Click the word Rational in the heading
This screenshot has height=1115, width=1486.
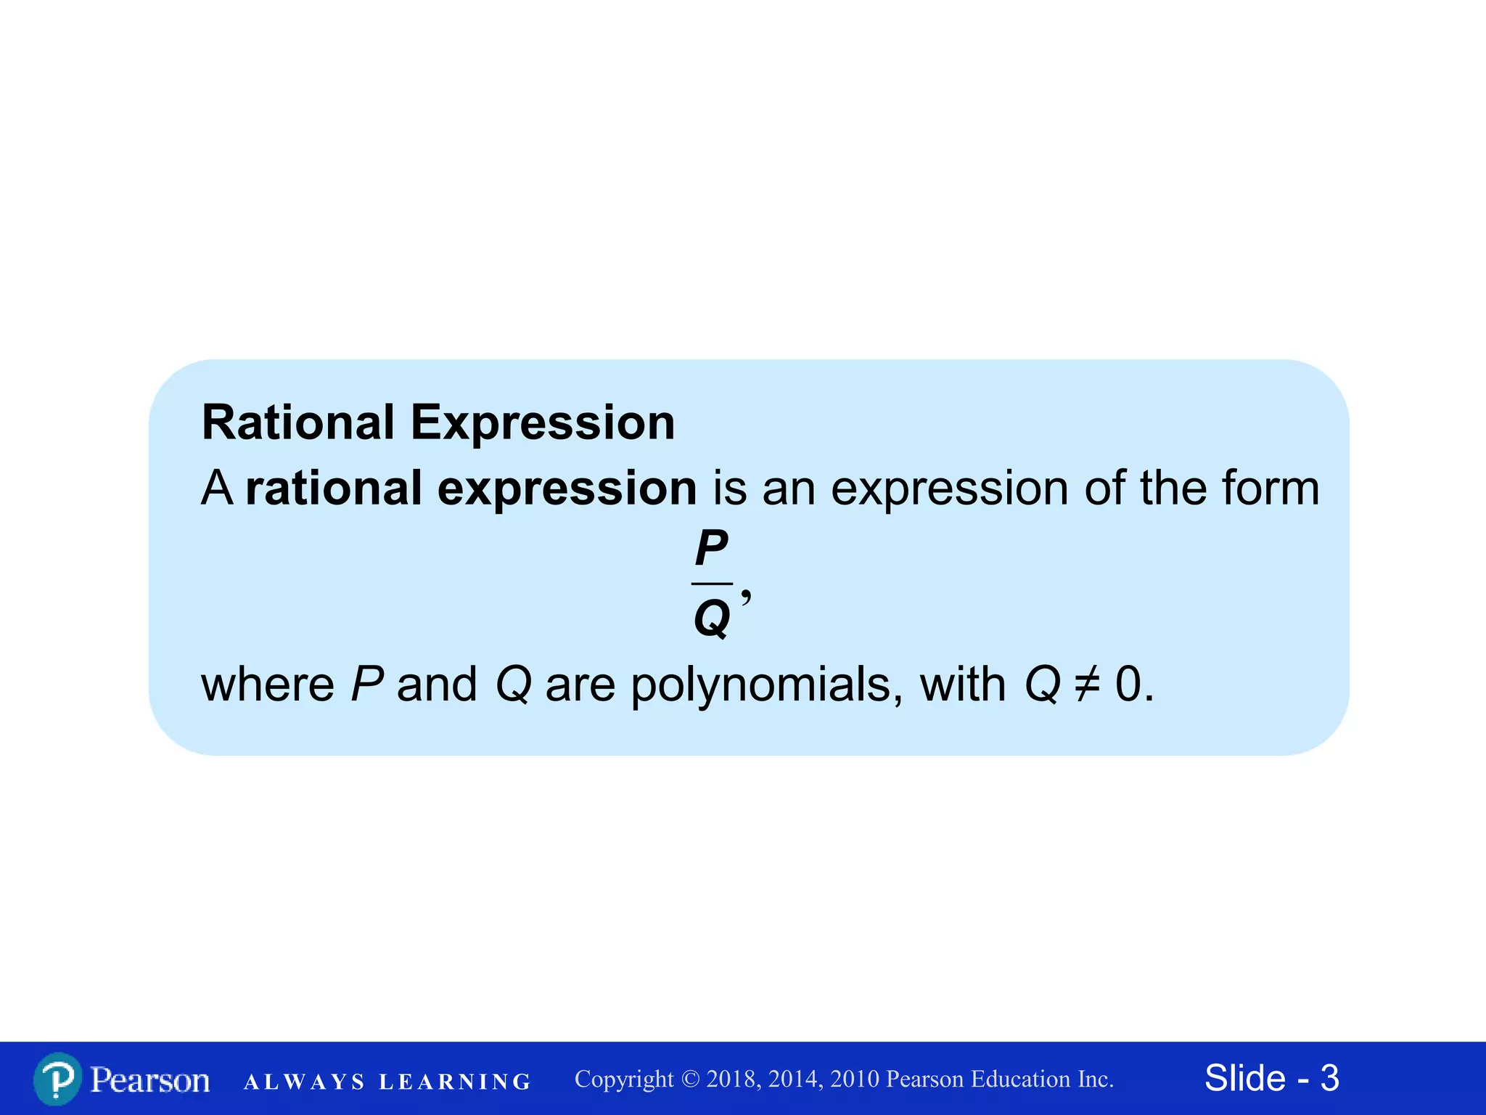pyautogui.click(x=298, y=422)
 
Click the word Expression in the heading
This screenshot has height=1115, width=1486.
pyautogui.click(x=543, y=424)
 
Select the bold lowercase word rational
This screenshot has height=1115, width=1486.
pyautogui.click(x=333, y=488)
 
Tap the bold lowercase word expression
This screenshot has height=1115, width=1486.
pyautogui.click(x=567, y=489)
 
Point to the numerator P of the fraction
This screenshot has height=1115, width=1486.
pyautogui.click(x=711, y=548)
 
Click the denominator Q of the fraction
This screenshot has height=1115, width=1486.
pyautogui.click(x=712, y=619)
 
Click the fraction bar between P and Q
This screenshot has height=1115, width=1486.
pyautogui.click(x=712, y=583)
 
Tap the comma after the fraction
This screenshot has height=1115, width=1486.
pyautogui.click(x=746, y=597)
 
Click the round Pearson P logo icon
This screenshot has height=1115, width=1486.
pyautogui.click(x=57, y=1079)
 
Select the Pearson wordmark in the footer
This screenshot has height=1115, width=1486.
pyautogui.click(x=150, y=1080)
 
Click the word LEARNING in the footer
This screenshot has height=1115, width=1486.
pyautogui.click(x=455, y=1082)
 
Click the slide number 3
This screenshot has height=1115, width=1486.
pyautogui.click(x=1329, y=1078)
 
